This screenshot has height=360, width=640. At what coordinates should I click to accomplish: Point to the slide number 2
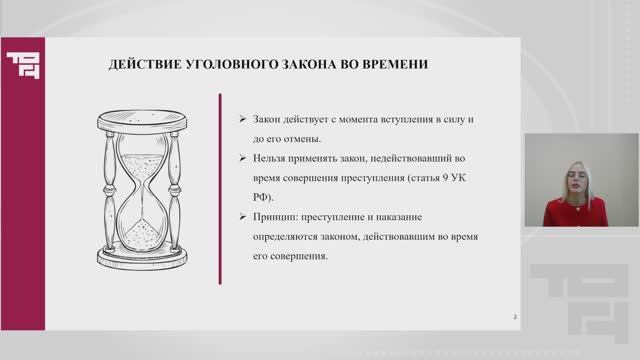tap(514, 317)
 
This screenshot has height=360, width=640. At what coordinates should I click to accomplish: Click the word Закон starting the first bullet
tap(269, 119)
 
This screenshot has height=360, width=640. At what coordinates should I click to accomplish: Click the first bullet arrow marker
tap(243, 119)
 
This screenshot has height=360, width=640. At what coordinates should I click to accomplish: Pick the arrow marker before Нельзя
tap(243, 158)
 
